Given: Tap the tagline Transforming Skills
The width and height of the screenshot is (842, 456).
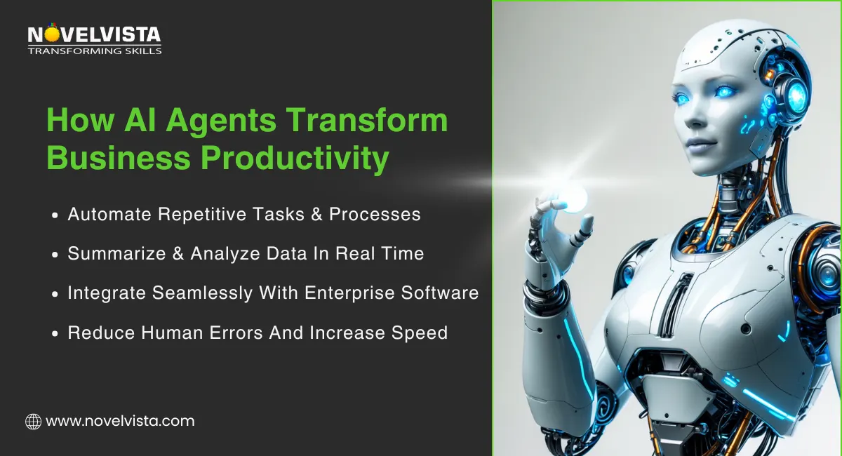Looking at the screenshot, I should click(x=94, y=51).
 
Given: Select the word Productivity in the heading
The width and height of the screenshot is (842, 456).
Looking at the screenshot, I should click(x=295, y=159).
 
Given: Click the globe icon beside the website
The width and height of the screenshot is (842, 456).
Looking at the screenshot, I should click(x=33, y=422).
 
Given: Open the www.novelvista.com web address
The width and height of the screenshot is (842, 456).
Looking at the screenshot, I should click(x=119, y=422).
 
